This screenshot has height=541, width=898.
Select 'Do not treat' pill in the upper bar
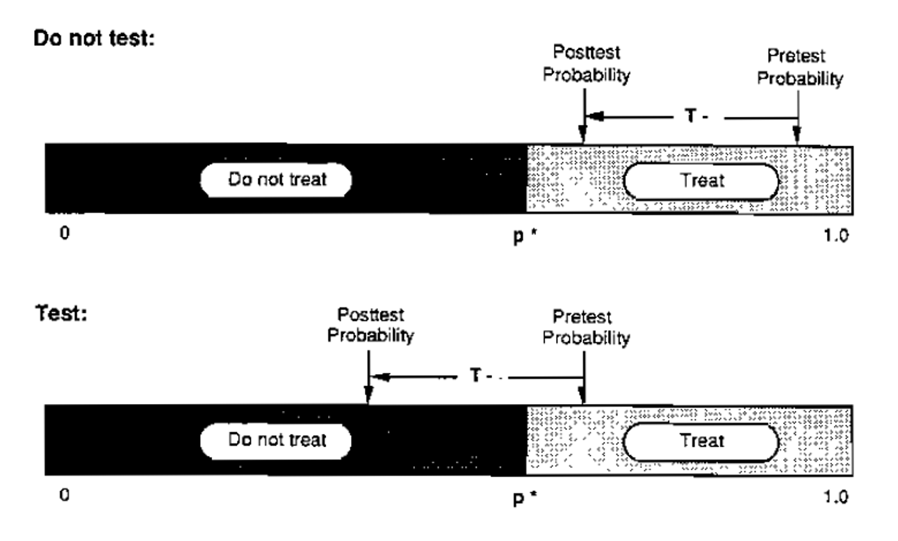[x=277, y=180]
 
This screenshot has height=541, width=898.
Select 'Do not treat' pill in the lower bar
[x=277, y=440]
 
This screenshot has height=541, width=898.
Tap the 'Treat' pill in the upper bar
[x=701, y=180]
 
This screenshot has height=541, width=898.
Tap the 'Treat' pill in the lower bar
[x=701, y=440]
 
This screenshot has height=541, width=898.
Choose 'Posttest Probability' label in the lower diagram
[x=370, y=326]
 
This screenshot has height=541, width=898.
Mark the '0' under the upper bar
[x=65, y=236]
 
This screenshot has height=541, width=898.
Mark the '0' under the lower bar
[x=65, y=496]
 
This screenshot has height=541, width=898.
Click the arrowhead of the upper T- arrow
[x=589, y=116]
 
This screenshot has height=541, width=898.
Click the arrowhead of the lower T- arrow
[x=374, y=376]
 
